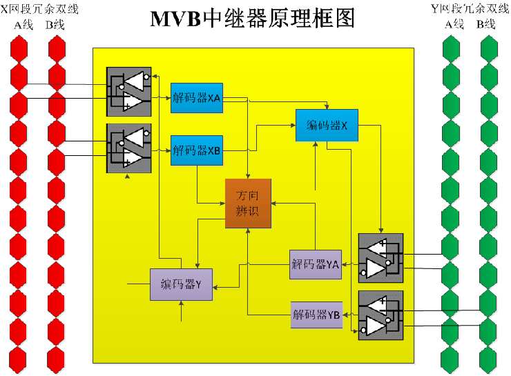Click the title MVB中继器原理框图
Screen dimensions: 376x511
click(x=253, y=19)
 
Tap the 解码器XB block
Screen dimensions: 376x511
click(x=197, y=150)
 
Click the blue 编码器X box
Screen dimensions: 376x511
click(x=327, y=125)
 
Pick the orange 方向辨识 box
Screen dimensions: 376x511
click(x=248, y=204)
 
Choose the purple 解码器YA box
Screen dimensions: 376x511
click(x=315, y=264)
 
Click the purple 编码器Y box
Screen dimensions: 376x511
click(x=181, y=284)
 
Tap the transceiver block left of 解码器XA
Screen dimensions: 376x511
click(x=129, y=91)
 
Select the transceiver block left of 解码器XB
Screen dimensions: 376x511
click(x=129, y=148)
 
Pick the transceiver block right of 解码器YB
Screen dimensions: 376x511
click(x=380, y=315)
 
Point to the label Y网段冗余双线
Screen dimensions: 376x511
click(x=470, y=9)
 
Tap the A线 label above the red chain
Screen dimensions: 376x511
click(x=23, y=25)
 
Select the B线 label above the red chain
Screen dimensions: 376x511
click(x=55, y=25)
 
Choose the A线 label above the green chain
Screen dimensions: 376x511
click(x=454, y=25)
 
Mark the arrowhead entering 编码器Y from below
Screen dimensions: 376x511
click(x=182, y=304)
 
